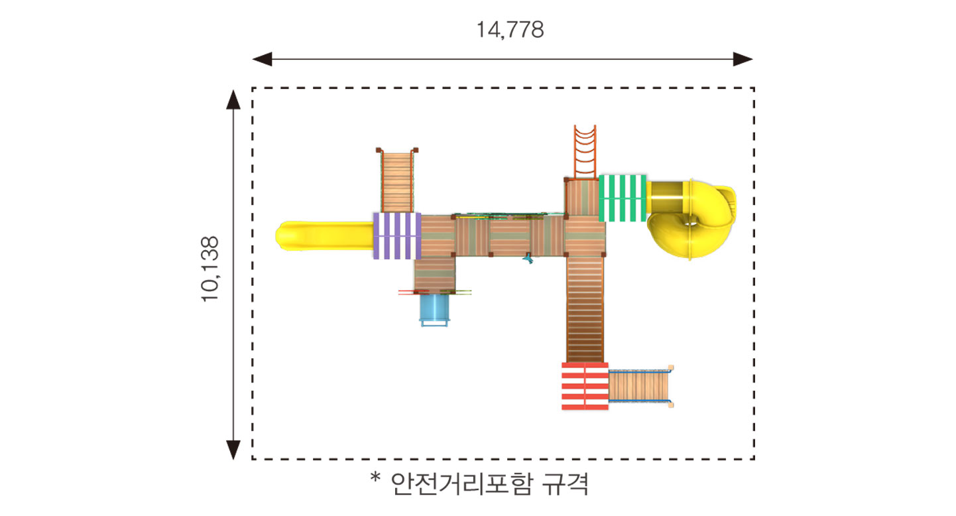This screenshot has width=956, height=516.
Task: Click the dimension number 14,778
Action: coord(510,30)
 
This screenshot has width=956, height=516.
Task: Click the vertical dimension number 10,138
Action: coord(210,269)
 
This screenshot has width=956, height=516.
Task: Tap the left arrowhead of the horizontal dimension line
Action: coord(262,59)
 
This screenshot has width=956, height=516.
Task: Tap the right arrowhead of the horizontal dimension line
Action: coord(743,59)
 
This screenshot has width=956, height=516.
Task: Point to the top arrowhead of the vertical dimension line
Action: coord(233,99)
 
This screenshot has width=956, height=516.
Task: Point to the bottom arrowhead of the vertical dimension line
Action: coord(233,450)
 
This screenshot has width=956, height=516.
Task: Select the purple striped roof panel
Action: coord(397,235)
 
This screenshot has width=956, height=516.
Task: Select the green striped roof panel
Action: coord(623,198)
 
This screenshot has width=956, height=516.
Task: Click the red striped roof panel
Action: coord(585,386)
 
